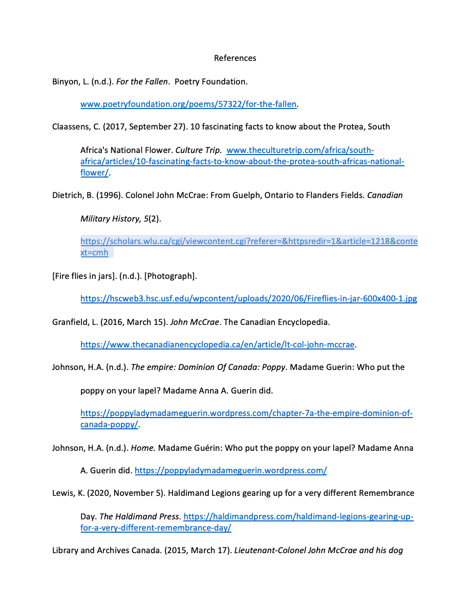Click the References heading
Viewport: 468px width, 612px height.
pos(235,58)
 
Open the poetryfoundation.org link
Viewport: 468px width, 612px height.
pos(188,104)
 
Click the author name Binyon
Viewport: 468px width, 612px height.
pos(64,82)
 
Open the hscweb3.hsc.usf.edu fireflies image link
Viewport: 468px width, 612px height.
pos(248,299)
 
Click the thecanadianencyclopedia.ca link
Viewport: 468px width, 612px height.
pos(217,345)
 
